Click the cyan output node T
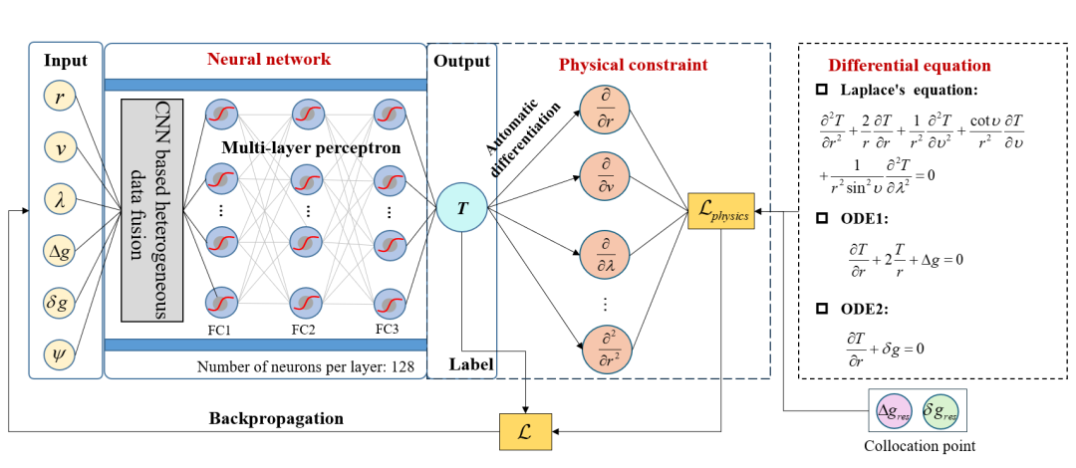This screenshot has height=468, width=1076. pos(462,206)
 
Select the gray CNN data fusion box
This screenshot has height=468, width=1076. pos(151,210)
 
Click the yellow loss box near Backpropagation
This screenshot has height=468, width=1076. pos(525,429)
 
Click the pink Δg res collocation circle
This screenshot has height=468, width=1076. pos(895,411)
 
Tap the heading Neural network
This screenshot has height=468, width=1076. pos(269,60)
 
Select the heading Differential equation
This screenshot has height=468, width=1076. pos(910,66)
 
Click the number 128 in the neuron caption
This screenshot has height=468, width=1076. pos(403,367)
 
